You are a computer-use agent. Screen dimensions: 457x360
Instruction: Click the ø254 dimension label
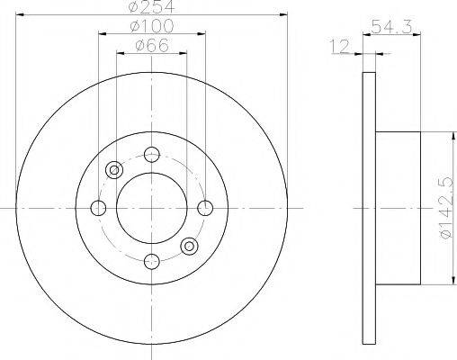pyautogui.click(x=151, y=6)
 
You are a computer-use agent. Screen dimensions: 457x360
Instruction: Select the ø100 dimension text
pyautogui.click(x=152, y=26)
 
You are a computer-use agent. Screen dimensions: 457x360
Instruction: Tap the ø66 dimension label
pyautogui.click(x=152, y=46)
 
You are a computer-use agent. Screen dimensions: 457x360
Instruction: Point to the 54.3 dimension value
pyautogui.click(x=391, y=26)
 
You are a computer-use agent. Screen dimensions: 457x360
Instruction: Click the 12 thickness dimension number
pyautogui.click(x=340, y=46)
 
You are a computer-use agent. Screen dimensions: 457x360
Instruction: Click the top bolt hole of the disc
pyautogui.click(x=152, y=155)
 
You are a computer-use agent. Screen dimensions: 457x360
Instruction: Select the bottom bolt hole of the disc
pyautogui.click(x=152, y=261)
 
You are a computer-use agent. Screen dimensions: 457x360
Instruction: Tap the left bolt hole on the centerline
pyautogui.click(x=98, y=208)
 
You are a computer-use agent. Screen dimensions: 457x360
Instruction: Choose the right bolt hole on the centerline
pyautogui.click(x=205, y=208)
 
